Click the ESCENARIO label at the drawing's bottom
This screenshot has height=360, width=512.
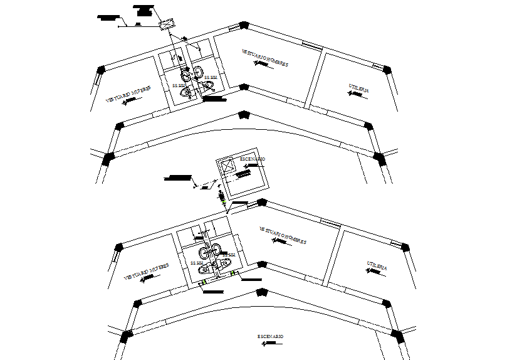pyautogui.click(x=271, y=337)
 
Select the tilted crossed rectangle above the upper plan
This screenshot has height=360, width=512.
pyautogui.click(x=165, y=24)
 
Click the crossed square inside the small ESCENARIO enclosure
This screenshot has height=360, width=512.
pyautogui.click(x=227, y=166)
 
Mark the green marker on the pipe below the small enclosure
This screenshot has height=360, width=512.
pyautogui.click(x=224, y=201)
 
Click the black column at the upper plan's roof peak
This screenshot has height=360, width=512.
pyautogui.click(x=244, y=26)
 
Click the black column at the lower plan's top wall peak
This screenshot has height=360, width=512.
pyautogui.click(x=261, y=203)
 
